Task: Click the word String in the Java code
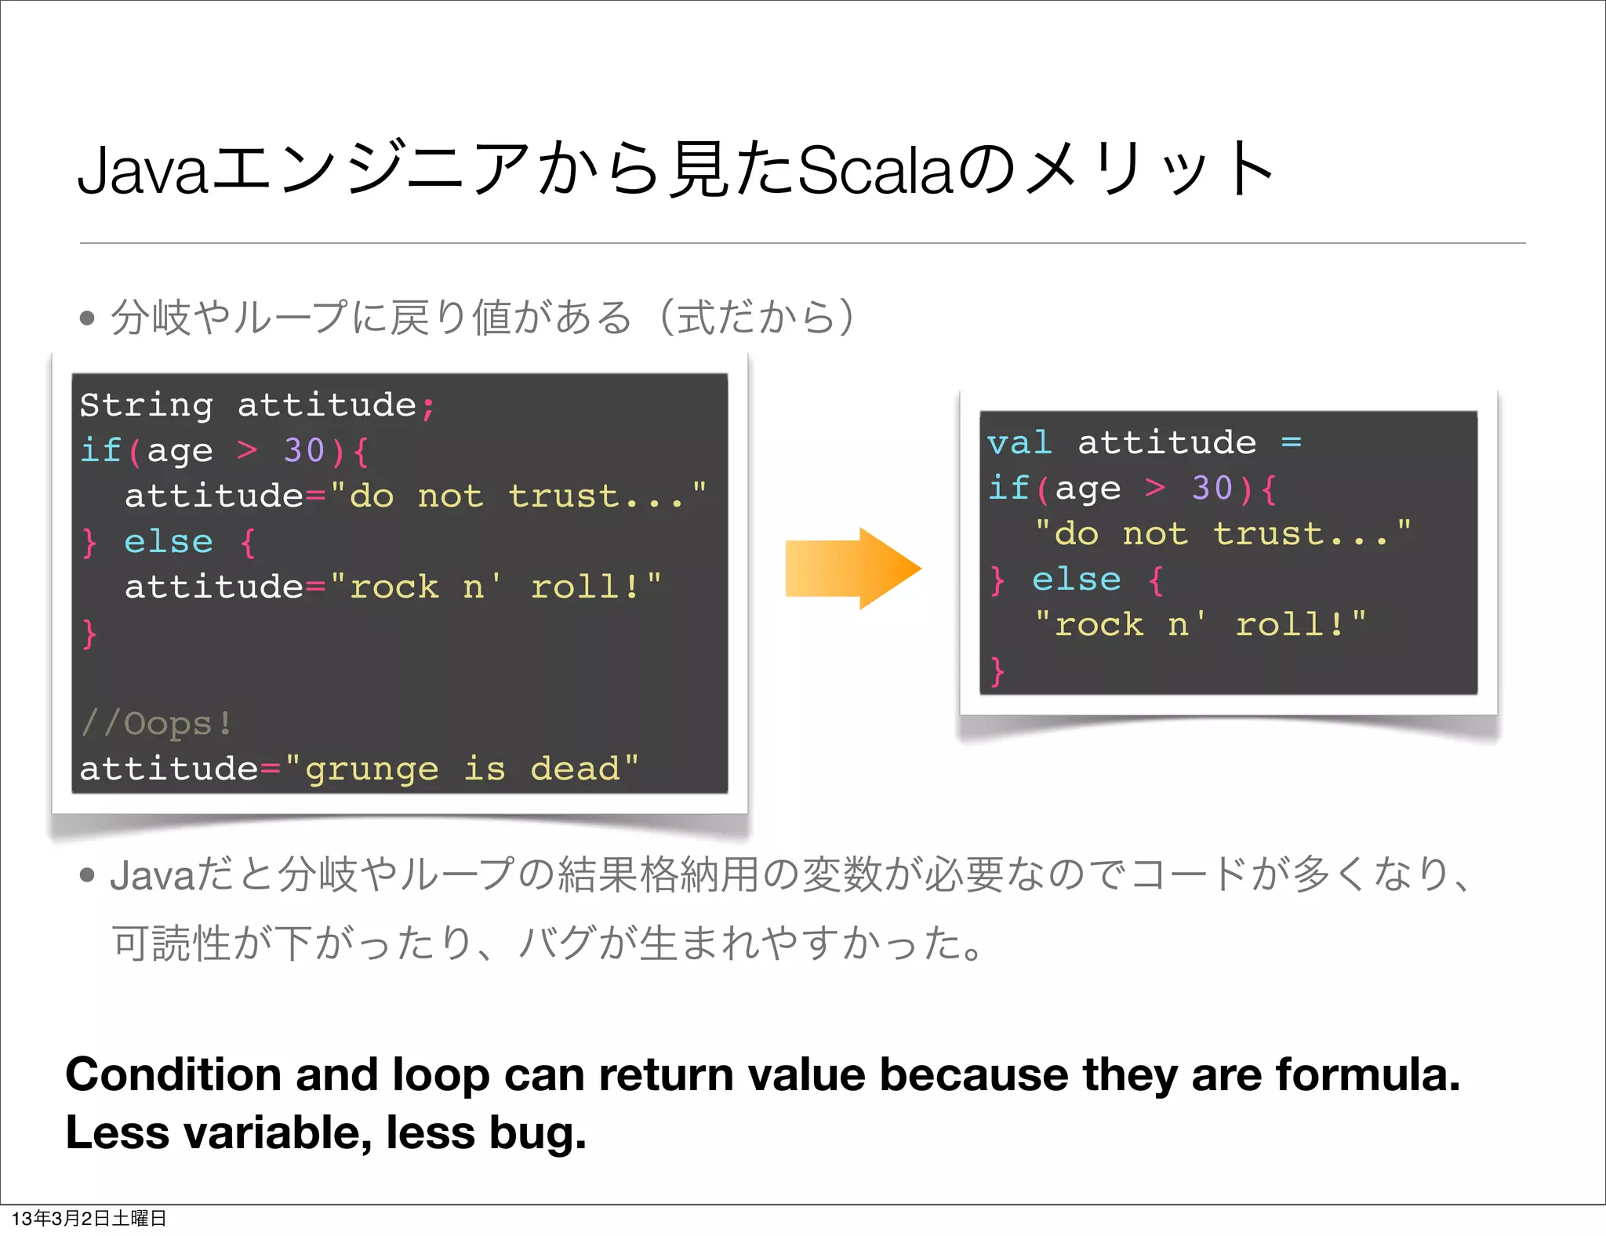[147, 405]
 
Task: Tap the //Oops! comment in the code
[157, 723]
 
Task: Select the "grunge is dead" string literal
[462, 769]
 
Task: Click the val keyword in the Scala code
[1019, 443]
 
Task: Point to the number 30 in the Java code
[303, 450]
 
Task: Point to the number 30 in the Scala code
[1212, 488]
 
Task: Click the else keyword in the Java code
[169, 541]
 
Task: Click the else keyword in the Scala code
[1077, 580]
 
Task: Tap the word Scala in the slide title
[874, 170]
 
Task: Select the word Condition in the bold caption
[173, 1074]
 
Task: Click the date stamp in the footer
[89, 1218]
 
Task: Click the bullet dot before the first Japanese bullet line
[87, 318]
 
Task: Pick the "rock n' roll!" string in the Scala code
[1200, 625]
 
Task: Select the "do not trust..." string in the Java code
[518, 496]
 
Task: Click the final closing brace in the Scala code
[997, 671]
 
